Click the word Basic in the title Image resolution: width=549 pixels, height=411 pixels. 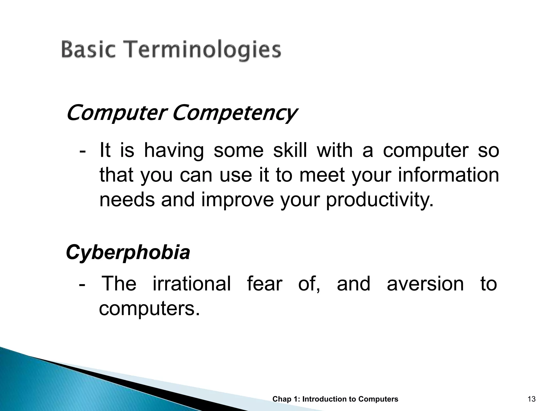[89, 50]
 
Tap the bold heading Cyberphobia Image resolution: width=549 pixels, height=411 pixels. [128, 252]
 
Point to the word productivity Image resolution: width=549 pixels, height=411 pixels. [379, 200]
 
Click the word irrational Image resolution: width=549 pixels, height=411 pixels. [192, 284]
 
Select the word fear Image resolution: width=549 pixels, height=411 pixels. [264, 284]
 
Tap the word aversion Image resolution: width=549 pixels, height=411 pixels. [425, 284]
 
